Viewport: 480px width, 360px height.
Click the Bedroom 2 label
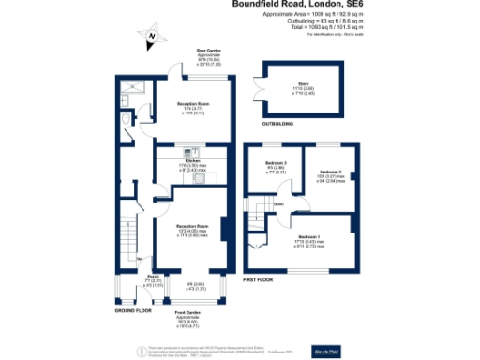click(x=329, y=172)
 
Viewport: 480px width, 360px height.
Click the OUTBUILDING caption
click(x=277, y=122)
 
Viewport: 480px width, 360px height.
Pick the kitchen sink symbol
click(x=214, y=177)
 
